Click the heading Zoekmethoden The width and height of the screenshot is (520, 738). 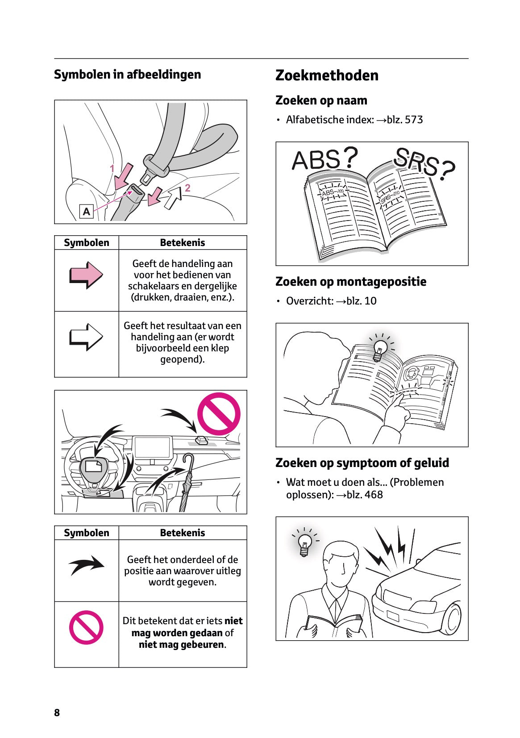(327, 75)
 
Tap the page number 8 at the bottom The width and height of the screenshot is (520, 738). (57, 713)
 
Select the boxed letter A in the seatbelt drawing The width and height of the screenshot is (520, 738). (86, 212)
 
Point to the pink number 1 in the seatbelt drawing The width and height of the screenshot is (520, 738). (112, 168)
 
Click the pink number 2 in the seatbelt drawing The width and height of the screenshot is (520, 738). (187, 188)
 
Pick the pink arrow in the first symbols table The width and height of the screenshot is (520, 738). (86, 275)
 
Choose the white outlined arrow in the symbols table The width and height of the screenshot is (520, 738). (86, 337)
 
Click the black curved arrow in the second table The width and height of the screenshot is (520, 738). (86, 565)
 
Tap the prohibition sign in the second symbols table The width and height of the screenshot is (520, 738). (86, 627)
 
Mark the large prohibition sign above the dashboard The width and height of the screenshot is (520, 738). (219, 414)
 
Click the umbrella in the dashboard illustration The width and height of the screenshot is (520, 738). (187, 482)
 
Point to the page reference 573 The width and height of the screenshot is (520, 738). (414, 120)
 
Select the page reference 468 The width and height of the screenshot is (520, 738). (374, 495)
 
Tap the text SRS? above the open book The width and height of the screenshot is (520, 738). (424, 163)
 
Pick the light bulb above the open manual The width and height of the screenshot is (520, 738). (381, 350)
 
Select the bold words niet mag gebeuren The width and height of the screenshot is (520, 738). (182, 644)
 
